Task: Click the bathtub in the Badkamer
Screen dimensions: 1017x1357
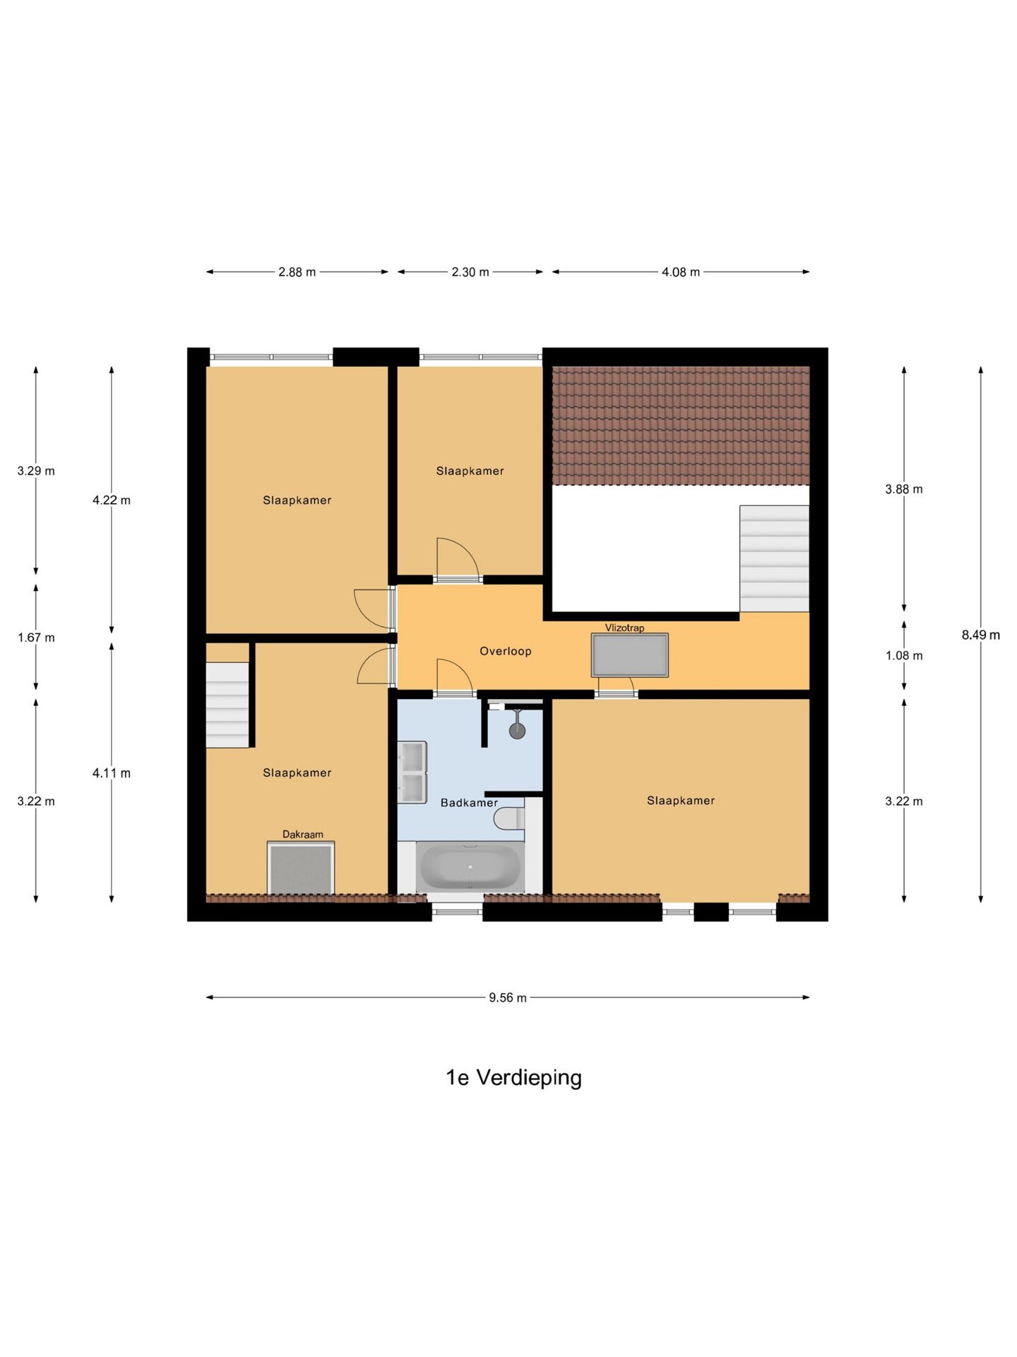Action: click(470, 867)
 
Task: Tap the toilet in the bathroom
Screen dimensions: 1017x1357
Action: click(509, 818)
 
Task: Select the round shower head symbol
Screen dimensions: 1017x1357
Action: click(517, 730)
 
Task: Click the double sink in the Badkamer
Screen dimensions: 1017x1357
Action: click(412, 772)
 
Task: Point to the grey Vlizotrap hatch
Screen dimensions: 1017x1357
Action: click(630, 655)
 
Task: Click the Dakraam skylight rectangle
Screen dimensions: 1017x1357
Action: click(301, 868)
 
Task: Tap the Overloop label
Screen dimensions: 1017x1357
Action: click(506, 651)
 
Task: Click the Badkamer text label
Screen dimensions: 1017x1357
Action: click(469, 802)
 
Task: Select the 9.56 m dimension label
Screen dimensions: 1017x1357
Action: click(508, 997)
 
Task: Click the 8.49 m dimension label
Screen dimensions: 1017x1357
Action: click(981, 635)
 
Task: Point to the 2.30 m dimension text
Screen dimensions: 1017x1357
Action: click(470, 272)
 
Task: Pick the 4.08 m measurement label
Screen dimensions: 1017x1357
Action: click(681, 272)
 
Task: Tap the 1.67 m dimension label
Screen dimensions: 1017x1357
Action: click(36, 638)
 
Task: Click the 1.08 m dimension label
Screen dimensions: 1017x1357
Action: click(904, 656)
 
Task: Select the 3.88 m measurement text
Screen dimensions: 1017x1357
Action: click(904, 489)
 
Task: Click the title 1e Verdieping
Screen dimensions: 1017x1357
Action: click(513, 1077)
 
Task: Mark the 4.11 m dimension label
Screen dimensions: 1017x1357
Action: click(112, 773)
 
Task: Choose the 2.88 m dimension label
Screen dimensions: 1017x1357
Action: click(297, 272)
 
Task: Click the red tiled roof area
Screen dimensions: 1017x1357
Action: click(681, 425)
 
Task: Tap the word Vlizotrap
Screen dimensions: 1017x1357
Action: click(624, 628)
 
